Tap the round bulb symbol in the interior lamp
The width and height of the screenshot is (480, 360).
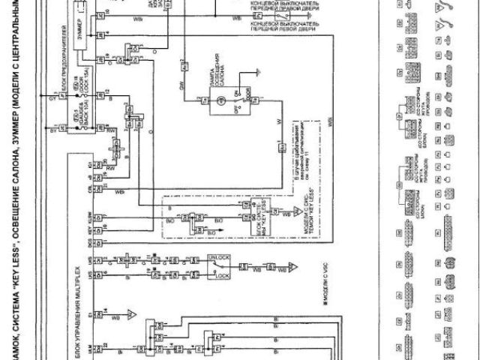pos(219,100)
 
